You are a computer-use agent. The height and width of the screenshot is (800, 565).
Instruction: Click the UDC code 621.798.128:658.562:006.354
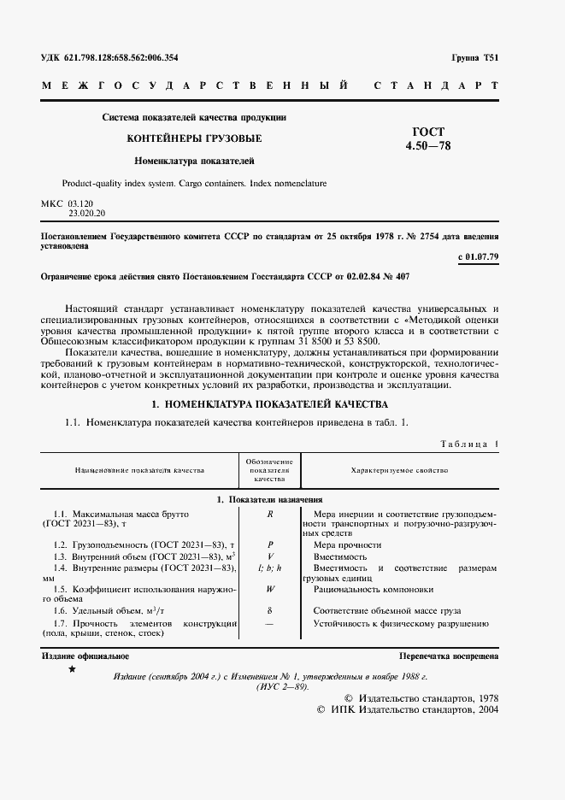(x=109, y=58)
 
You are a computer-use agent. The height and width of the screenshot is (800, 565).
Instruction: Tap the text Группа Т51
(x=474, y=58)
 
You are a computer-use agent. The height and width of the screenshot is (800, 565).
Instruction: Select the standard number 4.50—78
(x=428, y=146)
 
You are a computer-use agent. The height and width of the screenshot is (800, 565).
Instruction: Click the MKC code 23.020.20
(x=88, y=213)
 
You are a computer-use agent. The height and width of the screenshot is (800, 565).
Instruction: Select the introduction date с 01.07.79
(x=478, y=256)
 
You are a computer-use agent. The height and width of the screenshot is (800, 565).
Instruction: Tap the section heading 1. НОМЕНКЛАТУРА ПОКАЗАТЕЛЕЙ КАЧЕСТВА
(x=269, y=403)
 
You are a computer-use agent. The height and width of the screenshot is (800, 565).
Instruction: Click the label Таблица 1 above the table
(x=469, y=444)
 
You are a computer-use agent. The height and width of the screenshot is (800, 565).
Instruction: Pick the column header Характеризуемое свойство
(x=399, y=470)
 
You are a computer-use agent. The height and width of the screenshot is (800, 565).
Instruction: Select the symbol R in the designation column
(x=269, y=514)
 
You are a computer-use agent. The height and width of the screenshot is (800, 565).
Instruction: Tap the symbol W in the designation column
(x=269, y=589)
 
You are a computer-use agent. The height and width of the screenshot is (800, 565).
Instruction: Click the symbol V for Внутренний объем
(x=269, y=556)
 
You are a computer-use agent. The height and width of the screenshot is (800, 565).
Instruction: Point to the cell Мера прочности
(x=347, y=544)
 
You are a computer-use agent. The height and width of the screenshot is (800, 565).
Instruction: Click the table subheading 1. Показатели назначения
(x=268, y=499)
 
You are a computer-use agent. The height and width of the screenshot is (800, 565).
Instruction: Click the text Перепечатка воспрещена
(x=449, y=656)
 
